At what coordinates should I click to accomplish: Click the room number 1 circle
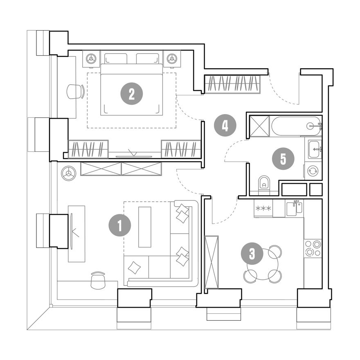119,225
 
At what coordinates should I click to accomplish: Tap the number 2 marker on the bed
132,94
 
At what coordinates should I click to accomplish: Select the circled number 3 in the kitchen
252,254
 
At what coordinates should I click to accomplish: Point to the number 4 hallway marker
225,125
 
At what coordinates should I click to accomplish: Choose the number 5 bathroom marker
283,159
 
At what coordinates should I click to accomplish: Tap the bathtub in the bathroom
296,126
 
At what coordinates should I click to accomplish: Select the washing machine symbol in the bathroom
313,171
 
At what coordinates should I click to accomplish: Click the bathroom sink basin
314,149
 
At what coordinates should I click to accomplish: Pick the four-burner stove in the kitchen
313,248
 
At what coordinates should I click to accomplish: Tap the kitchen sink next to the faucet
292,209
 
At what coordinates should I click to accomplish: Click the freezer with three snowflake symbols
263,208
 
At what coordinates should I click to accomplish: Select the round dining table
262,264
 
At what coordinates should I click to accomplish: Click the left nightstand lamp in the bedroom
91,59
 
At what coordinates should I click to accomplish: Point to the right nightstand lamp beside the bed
172,59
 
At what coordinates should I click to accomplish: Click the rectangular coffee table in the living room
145,227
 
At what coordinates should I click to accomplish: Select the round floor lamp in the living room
68,173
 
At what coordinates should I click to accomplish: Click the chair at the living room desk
98,280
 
